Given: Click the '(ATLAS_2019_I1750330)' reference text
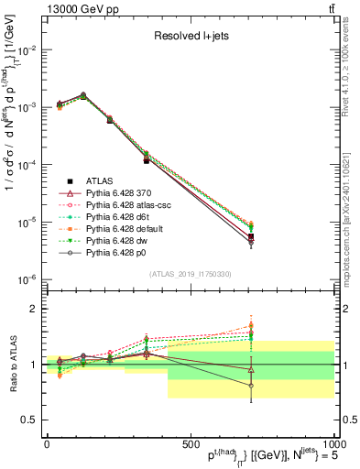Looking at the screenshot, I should coord(191,274).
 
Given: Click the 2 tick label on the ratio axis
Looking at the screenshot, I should coord(35,310).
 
